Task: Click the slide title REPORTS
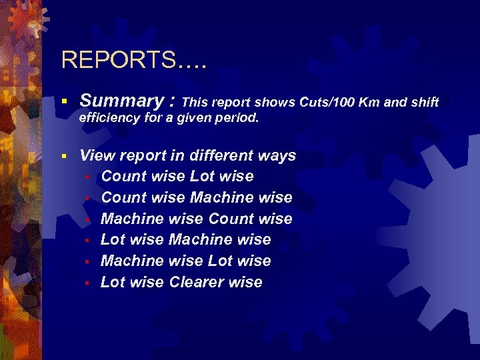click(134, 60)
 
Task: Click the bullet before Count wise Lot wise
click(87, 177)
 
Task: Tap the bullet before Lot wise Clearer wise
click(87, 283)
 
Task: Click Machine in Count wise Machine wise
click(221, 197)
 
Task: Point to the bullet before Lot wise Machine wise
click(87, 240)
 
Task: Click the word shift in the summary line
click(423, 102)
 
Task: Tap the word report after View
click(142, 156)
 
